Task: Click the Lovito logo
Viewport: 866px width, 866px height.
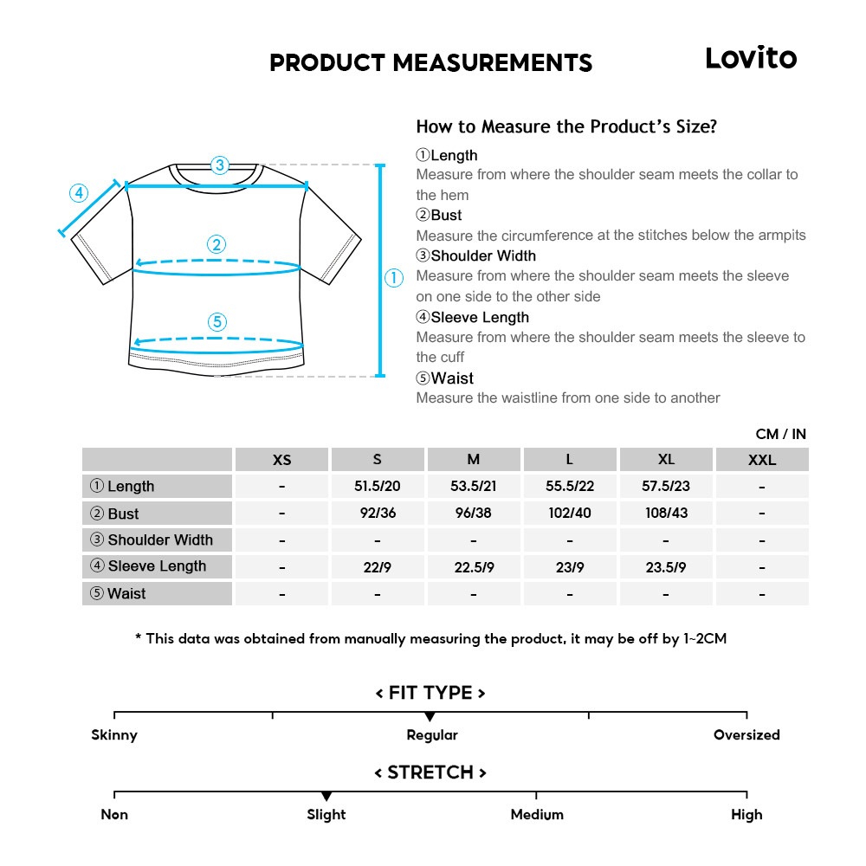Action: coord(750,58)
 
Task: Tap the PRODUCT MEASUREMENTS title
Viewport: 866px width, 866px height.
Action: coord(430,63)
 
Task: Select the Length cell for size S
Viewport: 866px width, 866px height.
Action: coord(377,487)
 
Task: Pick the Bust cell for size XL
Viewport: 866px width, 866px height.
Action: coord(666,513)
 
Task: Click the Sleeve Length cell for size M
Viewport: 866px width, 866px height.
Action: coord(473,567)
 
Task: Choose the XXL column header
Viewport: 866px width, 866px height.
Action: coord(762,460)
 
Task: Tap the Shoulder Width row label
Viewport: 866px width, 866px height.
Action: coord(158,540)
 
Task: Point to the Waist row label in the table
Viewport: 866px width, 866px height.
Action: coord(158,594)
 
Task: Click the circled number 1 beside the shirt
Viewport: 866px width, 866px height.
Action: coord(394,278)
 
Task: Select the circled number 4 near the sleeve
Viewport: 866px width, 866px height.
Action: coord(79,193)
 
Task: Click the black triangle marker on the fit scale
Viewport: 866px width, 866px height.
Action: coord(430,717)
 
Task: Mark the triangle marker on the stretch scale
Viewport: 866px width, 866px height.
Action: coord(326,796)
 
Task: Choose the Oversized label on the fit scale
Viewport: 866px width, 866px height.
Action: coord(746,735)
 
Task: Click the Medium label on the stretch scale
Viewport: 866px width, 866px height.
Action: coord(537,815)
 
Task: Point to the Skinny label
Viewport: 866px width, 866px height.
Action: coord(114,735)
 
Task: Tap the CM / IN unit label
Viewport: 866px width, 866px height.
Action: coord(780,434)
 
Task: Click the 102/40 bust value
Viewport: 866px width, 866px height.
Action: coord(570,513)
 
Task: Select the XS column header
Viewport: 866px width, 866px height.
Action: coord(282,460)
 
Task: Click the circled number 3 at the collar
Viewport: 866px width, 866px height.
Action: coord(220,165)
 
